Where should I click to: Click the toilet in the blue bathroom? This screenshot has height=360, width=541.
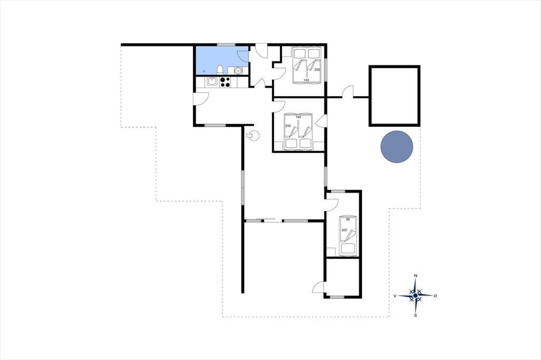click(x=219, y=70)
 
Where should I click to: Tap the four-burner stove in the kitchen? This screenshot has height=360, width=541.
click(x=225, y=82)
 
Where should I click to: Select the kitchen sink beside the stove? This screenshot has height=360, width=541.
click(x=212, y=82)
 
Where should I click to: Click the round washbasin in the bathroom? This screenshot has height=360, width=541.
click(x=237, y=70)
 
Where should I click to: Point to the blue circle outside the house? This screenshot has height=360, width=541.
click(x=397, y=147)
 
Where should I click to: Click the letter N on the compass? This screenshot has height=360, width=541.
click(x=416, y=276)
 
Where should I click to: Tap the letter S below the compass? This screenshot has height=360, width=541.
click(x=416, y=315)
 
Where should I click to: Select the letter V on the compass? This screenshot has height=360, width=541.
click(x=395, y=296)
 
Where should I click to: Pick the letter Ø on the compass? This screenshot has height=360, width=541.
click(x=435, y=296)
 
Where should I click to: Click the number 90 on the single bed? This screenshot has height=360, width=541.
click(x=348, y=219)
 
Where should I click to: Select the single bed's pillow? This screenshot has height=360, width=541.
click(x=348, y=248)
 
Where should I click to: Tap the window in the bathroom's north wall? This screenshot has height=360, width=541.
click(x=226, y=44)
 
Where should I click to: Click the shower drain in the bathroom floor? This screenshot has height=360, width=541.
click(x=204, y=71)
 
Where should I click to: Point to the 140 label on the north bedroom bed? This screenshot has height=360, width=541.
click(x=306, y=80)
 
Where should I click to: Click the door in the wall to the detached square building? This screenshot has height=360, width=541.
click(x=348, y=92)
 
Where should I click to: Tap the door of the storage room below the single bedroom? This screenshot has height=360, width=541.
click(x=319, y=287)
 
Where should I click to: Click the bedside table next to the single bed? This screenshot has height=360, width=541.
click(x=331, y=252)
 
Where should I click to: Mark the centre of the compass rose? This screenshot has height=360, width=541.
click(x=416, y=296)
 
